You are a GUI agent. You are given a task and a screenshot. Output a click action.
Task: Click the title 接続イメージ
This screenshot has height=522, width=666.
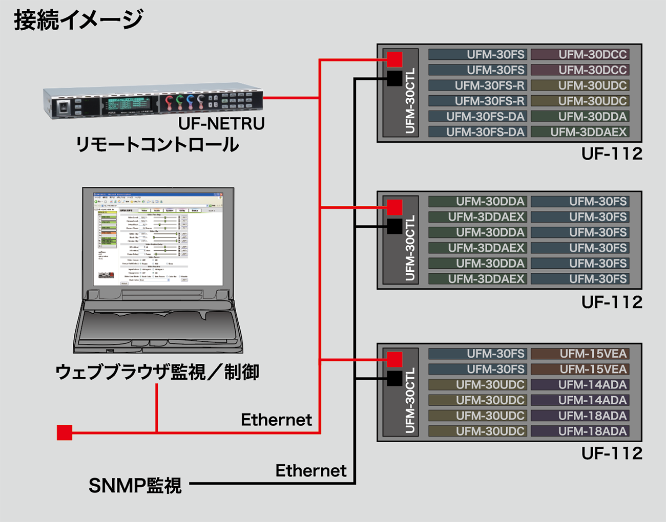pyautogui.click(x=78, y=20)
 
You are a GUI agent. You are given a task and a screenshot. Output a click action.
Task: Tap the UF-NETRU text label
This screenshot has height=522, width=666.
pyautogui.click(x=221, y=124)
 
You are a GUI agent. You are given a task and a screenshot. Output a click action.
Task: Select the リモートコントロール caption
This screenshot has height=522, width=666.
pyautogui.click(x=157, y=145)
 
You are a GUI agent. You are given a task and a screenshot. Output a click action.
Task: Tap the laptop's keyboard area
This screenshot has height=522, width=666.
pyautogui.click(x=158, y=327)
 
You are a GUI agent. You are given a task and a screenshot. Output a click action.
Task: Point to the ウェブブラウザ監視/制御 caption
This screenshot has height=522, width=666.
pyautogui.click(x=157, y=372)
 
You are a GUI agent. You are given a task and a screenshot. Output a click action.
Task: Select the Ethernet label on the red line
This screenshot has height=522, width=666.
pyautogui.click(x=276, y=420)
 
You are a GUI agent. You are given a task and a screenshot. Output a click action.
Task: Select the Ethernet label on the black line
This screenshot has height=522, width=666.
pyautogui.click(x=311, y=471)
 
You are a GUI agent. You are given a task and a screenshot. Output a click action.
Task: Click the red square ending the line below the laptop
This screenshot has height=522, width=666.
pyautogui.click(x=65, y=433)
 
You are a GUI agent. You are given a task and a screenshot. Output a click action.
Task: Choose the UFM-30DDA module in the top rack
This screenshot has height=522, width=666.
pyautogui.click(x=580, y=117)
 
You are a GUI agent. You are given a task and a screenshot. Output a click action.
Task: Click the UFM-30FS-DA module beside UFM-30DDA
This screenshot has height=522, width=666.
pyautogui.click(x=477, y=117)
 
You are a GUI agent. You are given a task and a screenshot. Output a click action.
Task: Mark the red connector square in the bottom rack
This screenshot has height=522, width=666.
pyautogui.click(x=394, y=359)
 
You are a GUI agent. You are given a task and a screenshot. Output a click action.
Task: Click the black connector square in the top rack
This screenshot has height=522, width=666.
pyautogui.click(x=394, y=78)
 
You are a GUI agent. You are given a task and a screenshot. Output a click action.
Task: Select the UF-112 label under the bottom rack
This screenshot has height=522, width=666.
pyautogui.click(x=612, y=453)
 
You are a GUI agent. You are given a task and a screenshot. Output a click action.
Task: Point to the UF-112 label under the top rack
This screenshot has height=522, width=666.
pyautogui.click(x=612, y=154)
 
